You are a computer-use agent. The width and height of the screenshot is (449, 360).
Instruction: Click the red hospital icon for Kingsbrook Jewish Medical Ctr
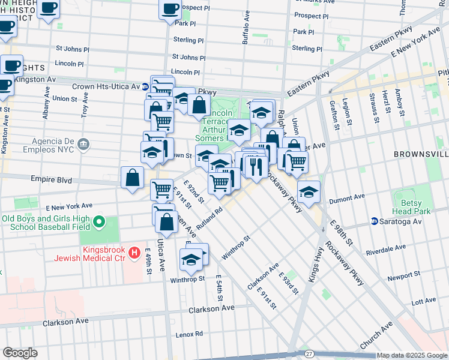coord(134,253)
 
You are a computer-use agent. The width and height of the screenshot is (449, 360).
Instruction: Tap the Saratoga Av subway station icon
coord(375,221)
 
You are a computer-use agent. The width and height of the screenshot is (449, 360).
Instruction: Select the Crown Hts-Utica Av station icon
coord(145,87)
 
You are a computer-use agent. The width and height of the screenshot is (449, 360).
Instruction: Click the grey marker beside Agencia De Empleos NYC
coord(83,144)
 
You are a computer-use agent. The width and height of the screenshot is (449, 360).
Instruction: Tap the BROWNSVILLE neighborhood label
coord(421,154)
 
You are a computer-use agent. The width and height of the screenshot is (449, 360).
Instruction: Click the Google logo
coord(20,353)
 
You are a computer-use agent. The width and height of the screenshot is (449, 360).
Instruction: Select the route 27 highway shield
coord(309,355)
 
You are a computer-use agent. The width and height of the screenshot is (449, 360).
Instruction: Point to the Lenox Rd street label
coord(190,335)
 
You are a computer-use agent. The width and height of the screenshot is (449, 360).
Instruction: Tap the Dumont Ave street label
coord(351,196)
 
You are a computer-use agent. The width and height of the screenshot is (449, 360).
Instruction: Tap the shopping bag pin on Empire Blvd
coord(132,178)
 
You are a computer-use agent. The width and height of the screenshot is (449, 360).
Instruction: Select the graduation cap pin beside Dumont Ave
coord(309,192)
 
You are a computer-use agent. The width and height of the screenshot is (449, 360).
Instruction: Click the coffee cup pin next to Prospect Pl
coord(170,8)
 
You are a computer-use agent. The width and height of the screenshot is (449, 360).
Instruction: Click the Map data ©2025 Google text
coord(411,355)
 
